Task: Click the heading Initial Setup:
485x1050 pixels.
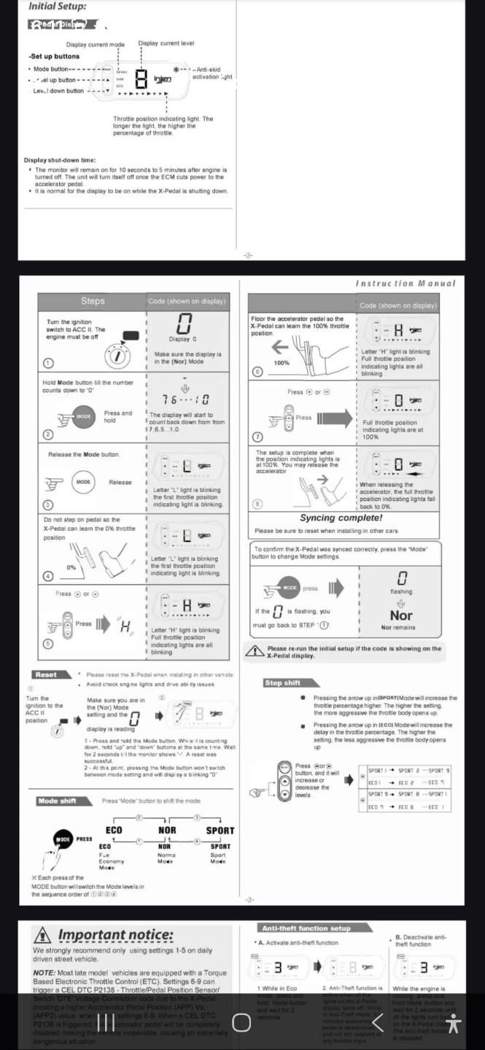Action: (57, 7)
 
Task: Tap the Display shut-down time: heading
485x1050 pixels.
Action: (60, 160)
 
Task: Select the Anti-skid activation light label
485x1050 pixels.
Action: (212, 73)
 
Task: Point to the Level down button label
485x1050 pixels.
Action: (58, 91)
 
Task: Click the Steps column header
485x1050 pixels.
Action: (93, 301)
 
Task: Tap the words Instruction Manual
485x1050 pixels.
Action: (406, 283)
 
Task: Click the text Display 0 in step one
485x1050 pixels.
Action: (182, 339)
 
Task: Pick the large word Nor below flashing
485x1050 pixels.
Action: (400, 615)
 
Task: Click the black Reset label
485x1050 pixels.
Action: (46, 674)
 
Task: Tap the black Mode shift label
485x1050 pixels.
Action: (57, 801)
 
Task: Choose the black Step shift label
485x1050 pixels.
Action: (282, 683)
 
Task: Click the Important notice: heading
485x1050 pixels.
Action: (115, 935)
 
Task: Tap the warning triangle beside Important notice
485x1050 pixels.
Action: (43, 935)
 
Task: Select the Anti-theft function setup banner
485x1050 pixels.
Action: (306, 928)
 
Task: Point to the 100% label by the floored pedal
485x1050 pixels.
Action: (282, 362)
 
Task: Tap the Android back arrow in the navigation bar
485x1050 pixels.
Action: (377, 1022)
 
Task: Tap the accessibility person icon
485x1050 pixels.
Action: (454, 1023)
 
